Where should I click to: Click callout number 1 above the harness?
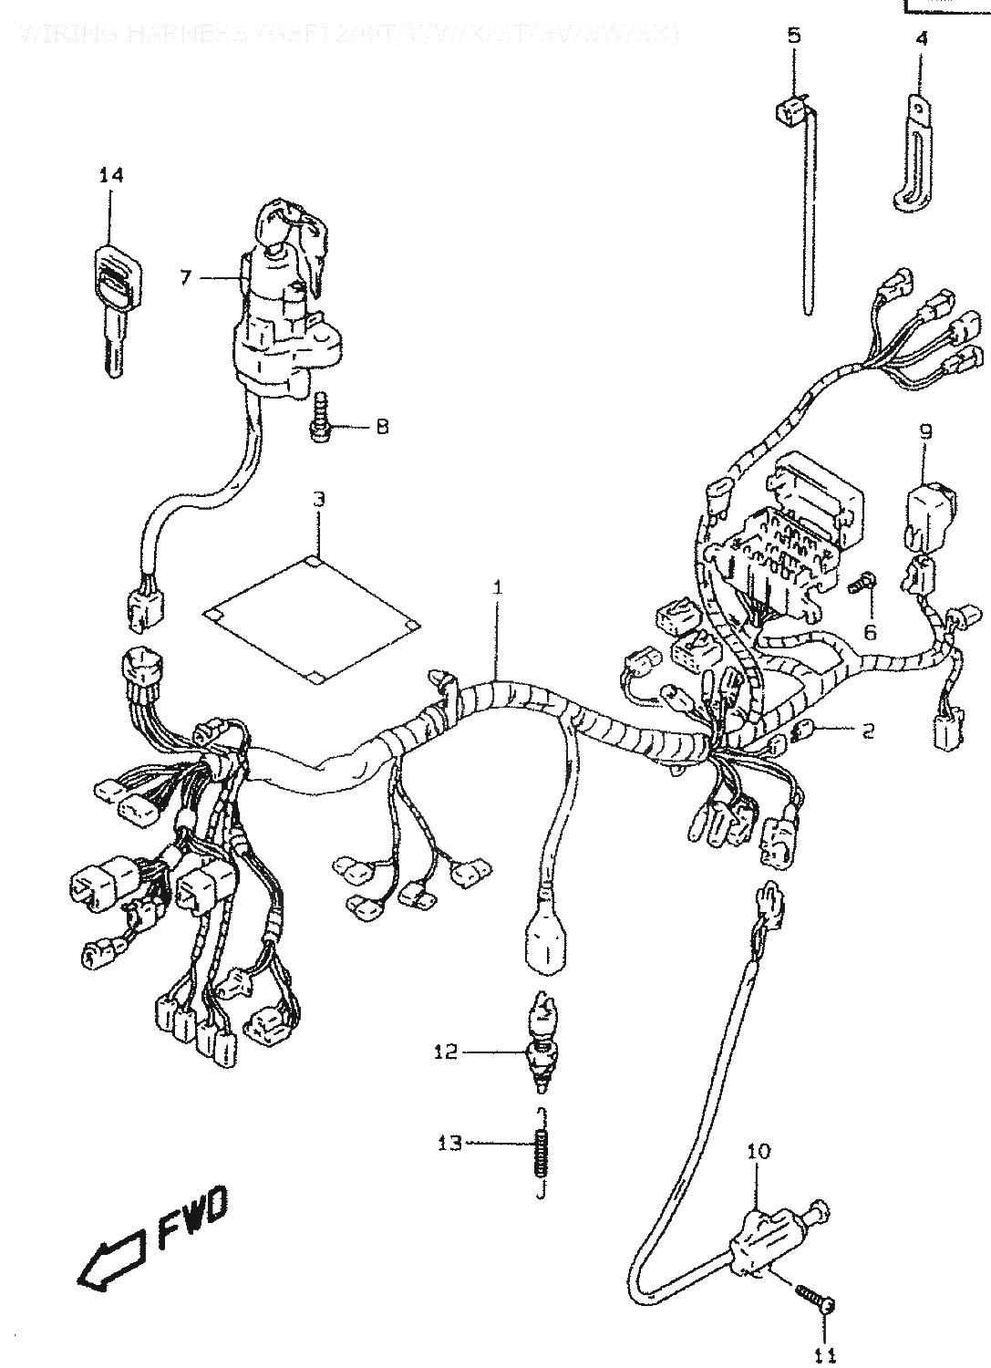click(x=498, y=588)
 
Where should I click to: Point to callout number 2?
click(x=868, y=730)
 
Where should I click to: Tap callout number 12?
click(x=445, y=1052)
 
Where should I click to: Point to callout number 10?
click(x=759, y=1152)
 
